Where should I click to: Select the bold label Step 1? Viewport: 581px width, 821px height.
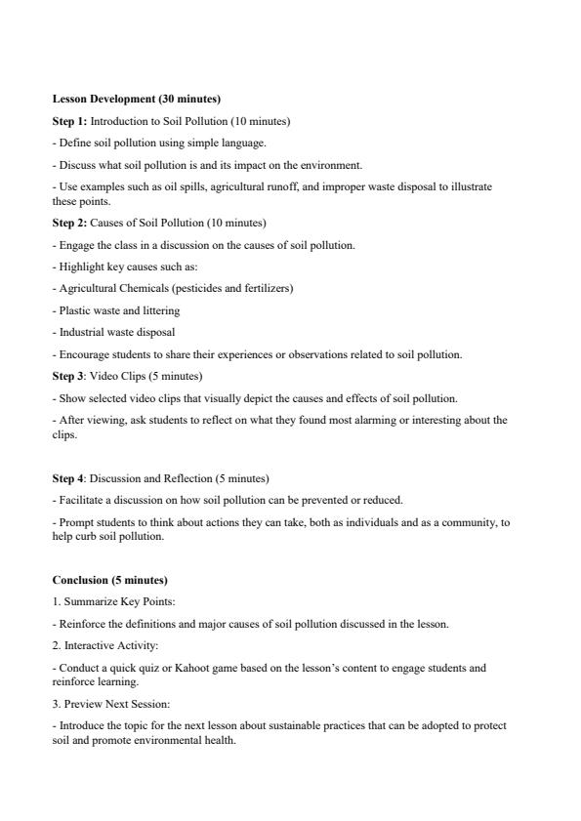click(69, 121)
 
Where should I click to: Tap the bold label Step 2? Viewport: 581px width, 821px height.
click(69, 223)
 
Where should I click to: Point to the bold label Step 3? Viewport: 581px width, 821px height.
click(68, 376)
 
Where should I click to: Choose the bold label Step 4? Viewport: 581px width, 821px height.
click(68, 478)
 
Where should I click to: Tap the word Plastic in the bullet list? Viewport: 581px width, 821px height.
click(73, 310)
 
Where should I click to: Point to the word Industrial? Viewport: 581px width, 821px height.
click(80, 332)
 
